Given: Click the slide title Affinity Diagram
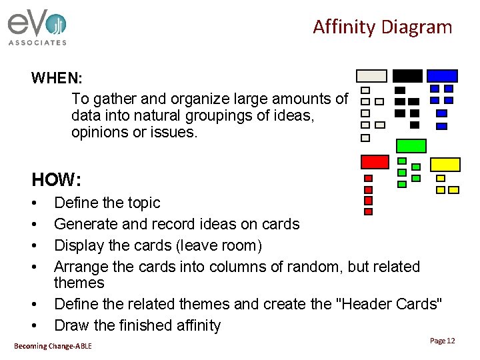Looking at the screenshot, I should pos(382,27).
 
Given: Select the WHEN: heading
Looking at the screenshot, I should pos(56,78).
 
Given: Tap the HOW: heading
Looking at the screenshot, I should pos(56,179).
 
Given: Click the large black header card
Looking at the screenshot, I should pos(407,76).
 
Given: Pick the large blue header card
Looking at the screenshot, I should pos(442,76).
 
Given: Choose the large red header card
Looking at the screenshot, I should pos(374,161).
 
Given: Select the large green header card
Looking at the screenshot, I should pos(411,145).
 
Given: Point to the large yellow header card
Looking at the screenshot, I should pos(445,164).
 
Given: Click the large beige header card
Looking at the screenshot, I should pos(371,76).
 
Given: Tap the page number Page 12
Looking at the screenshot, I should pos(442,341).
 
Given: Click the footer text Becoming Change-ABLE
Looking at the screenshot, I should pos(53,345).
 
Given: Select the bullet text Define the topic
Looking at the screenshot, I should pos(107,203).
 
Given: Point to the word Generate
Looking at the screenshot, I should pos(83,224).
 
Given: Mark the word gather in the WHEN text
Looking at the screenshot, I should pos(114,99).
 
